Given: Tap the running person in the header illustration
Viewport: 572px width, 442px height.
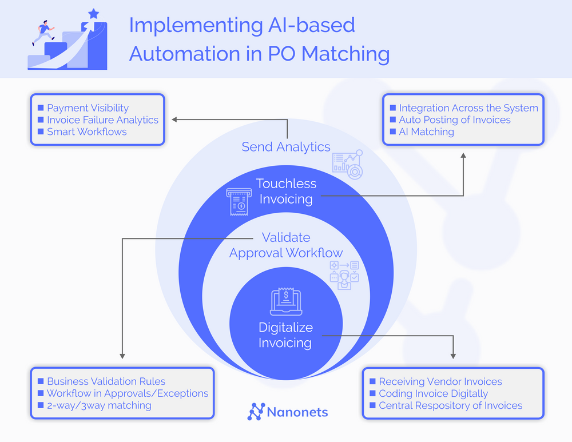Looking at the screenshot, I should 43,31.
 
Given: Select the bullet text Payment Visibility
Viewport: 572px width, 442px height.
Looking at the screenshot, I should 88,107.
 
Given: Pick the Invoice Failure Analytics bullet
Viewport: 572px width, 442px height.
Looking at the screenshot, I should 102,120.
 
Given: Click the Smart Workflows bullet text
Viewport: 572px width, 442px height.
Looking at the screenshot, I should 86,132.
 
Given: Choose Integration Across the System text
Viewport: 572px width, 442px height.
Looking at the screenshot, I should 468,107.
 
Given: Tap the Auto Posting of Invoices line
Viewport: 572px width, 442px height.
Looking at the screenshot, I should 454,120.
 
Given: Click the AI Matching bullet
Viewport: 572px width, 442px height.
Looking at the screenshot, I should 426,132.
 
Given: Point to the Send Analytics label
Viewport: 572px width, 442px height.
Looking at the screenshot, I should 286,147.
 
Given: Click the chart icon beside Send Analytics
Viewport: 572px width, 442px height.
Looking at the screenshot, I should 347,162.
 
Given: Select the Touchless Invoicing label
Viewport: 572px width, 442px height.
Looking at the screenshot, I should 286,192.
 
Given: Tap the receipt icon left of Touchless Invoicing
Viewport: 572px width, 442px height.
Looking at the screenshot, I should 238,202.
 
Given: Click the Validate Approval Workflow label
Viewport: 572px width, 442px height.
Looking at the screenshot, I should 286,245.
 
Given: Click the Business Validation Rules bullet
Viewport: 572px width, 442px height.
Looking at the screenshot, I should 106,381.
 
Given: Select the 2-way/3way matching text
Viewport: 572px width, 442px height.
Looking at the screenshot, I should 98,405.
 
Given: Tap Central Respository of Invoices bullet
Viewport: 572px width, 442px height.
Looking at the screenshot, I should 450,405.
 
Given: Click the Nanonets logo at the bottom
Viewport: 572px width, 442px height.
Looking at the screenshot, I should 288,411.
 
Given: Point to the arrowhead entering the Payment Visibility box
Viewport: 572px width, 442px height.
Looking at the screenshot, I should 175,120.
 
